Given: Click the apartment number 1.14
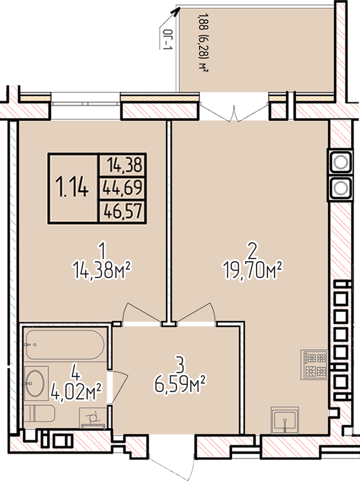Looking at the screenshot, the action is (x=72, y=187).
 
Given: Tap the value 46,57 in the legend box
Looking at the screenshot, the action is (x=123, y=211).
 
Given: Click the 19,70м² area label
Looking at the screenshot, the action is (x=253, y=270).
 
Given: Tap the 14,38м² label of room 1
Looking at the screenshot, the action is (x=102, y=270).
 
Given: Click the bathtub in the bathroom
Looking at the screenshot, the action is (x=65, y=345).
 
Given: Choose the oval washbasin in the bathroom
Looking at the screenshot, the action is (x=36, y=383).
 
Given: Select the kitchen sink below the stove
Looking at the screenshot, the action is (x=285, y=420).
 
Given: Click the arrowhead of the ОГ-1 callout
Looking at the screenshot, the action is (x=176, y=11).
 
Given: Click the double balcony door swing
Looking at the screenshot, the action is (x=234, y=113).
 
